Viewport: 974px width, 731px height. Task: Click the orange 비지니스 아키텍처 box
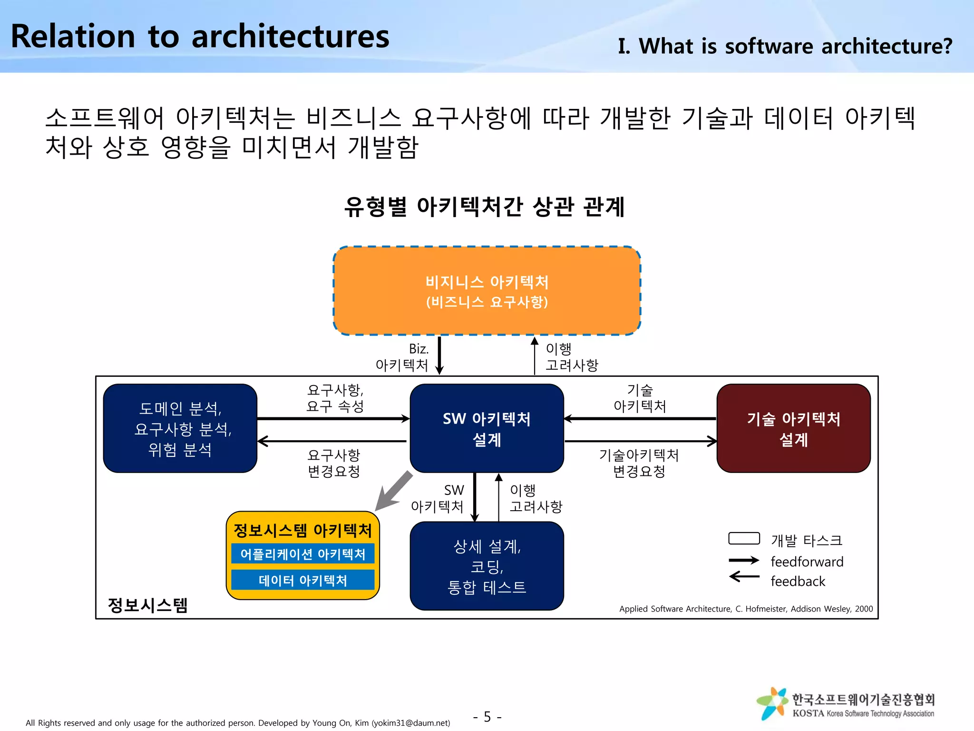[487, 291]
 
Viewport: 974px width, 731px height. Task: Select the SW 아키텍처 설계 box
[487, 428]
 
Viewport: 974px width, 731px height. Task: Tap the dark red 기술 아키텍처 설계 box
[793, 428]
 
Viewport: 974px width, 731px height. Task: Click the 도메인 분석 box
[180, 428]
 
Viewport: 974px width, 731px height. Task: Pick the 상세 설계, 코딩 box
[487, 566]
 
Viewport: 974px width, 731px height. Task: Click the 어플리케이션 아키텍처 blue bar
[303, 554]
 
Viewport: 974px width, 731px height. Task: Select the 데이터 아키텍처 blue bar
[303, 580]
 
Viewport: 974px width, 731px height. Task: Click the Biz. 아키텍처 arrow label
[403, 357]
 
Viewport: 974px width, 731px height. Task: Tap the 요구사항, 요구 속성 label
[335, 398]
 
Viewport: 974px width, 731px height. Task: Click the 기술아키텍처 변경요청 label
[639, 463]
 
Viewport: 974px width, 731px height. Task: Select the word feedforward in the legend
[807, 562]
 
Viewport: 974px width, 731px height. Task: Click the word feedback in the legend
[798, 581]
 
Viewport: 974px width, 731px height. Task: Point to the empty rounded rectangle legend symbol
[744, 538]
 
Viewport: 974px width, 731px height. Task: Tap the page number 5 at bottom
[487, 717]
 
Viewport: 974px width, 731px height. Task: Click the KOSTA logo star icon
[773, 703]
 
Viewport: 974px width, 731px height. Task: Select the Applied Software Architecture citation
[746, 609]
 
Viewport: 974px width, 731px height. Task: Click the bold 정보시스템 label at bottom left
[148, 605]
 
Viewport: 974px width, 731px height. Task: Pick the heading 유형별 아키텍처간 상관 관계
[484, 207]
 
